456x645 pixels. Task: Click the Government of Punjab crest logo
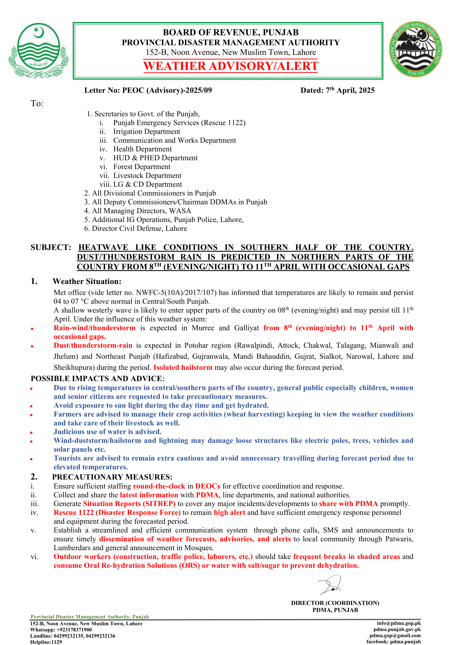pyautogui.click(x=39, y=50)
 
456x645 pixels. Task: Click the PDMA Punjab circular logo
pyautogui.click(x=415, y=49)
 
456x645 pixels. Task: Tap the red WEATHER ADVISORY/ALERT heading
pyautogui.click(x=230, y=66)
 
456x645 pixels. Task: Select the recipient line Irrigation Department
pyautogui.click(x=147, y=132)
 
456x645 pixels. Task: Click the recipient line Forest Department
pyautogui.click(x=142, y=167)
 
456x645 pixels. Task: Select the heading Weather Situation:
pyautogui.click(x=87, y=282)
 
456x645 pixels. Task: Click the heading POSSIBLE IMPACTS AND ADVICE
pyautogui.click(x=96, y=379)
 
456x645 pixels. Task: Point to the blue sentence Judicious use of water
pyautogui.click(x=108, y=432)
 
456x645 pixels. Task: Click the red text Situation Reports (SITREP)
pyautogui.click(x=129, y=504)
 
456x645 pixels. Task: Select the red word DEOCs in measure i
pyautogui.click(x=208, y=486)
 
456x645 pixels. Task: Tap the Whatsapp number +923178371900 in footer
pyautogui.click(x=74, y=630)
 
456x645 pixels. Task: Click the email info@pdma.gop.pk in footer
pyautogui.click(x=398, y=623)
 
